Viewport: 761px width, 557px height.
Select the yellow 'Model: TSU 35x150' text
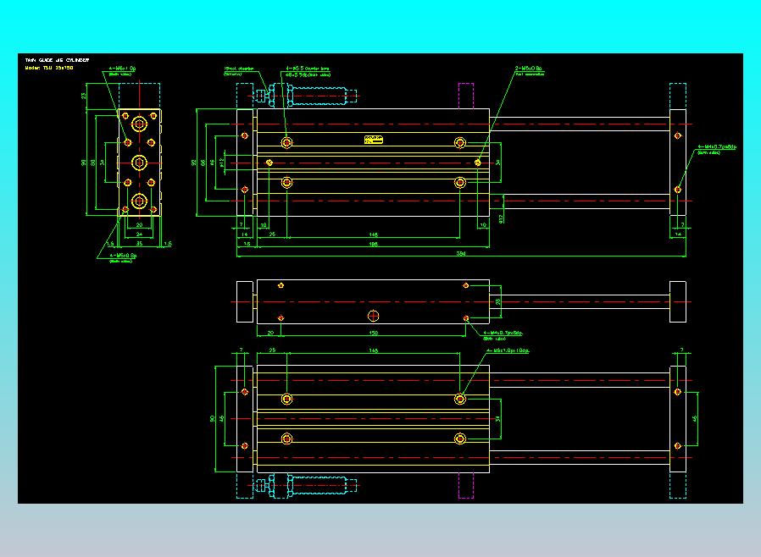pyautogui.click(x=49, y=67)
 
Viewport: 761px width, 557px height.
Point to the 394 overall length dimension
pyautogui.click(x=461, y=253)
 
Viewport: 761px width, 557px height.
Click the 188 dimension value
pyautogui.click(x=373, y=244)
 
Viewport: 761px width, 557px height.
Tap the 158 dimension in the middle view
pyautogui.click(x=374, y=334)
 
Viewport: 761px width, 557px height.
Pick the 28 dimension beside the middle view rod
pyautogui.click(x=498, y=301)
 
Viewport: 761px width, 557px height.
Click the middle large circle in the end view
pyautogui.click(x=139, y=162)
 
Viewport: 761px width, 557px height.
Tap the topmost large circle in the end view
pyautogui.click(x=139, y=124)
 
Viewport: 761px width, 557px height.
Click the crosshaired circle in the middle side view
pyautogui.click(x=374, y=317)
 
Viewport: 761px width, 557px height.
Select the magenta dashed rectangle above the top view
pyautogui.click(x=465, y=96)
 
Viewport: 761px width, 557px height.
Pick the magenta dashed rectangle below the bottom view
pyautogui.click(x=465, y=485)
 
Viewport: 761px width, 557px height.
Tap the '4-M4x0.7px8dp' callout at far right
pyautogui.click(x=716, y=147)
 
